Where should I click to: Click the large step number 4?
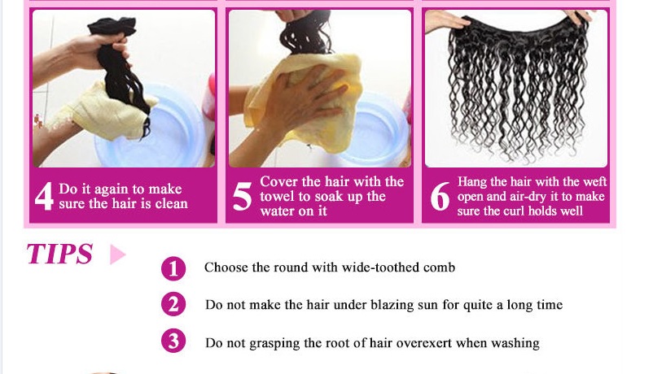44,196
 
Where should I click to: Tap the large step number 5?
242,196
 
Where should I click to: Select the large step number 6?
440,196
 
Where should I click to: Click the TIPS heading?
59,254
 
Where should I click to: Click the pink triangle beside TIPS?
117,254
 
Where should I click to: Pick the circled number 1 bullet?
173,268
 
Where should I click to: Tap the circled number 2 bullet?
173,305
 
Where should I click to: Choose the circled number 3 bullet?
173,341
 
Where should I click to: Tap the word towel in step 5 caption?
274,196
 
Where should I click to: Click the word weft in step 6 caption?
594,182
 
